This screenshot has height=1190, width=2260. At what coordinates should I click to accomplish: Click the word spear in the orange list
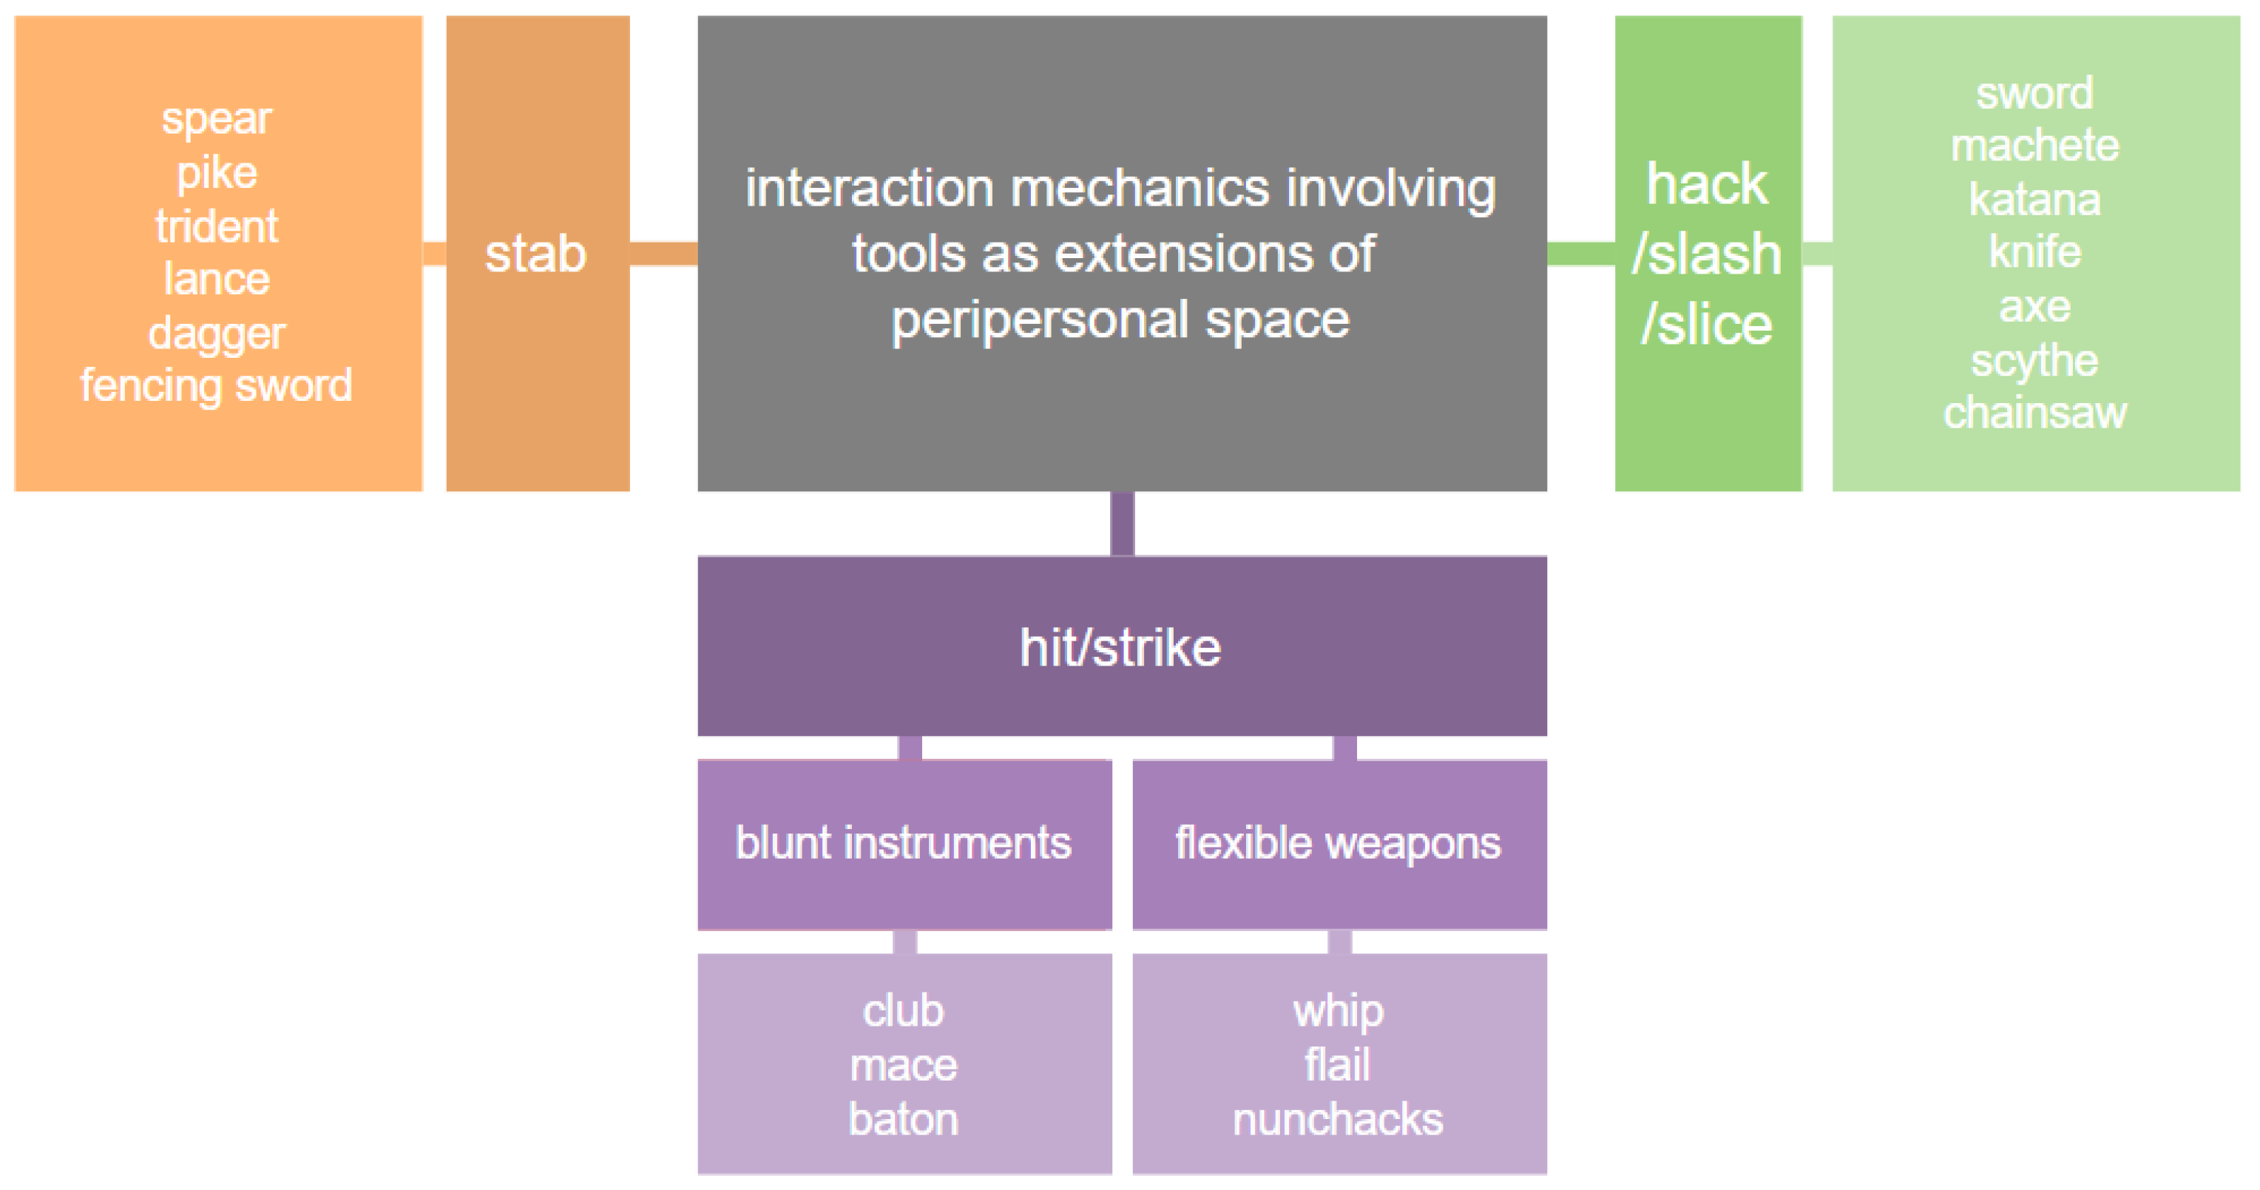(217, 119)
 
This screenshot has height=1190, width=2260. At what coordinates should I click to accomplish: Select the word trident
(217, 226)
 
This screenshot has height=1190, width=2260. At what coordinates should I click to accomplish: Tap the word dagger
(217, 334)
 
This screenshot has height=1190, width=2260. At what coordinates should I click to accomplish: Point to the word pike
(217, 173)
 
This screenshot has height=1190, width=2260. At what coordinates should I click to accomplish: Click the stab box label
(536, 254)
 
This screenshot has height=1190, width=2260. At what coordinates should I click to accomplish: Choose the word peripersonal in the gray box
(1041, 320)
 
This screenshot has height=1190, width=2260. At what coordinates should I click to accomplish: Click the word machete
(2034, 146)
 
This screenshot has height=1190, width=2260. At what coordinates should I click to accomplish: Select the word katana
(2034, 199)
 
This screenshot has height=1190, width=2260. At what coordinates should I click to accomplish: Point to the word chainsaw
(2034, 413)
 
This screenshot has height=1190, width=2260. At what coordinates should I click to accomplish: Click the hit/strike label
(1120, 648)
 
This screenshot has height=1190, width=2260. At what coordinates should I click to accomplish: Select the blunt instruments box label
(904, 843)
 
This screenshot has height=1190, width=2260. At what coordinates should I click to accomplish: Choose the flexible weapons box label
(1338, 843)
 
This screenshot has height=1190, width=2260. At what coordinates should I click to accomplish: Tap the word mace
(904, 1066)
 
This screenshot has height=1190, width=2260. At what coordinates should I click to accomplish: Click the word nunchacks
(1338, 1120)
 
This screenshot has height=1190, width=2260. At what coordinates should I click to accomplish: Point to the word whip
(1338, 1012)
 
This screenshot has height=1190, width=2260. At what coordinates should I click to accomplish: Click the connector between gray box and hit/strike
(1122, 524)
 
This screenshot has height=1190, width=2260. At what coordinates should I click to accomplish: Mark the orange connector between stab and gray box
(663, 254)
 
